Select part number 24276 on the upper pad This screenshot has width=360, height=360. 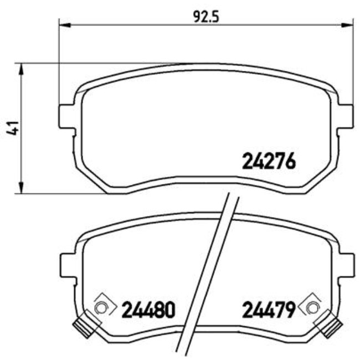tap(270, 161)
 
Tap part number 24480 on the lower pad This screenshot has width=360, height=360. tap(148, 309)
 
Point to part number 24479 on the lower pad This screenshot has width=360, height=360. tap(267, 309)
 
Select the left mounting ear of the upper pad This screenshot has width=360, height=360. tap(66, 116)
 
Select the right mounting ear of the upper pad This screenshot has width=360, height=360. tap(346, 116)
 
